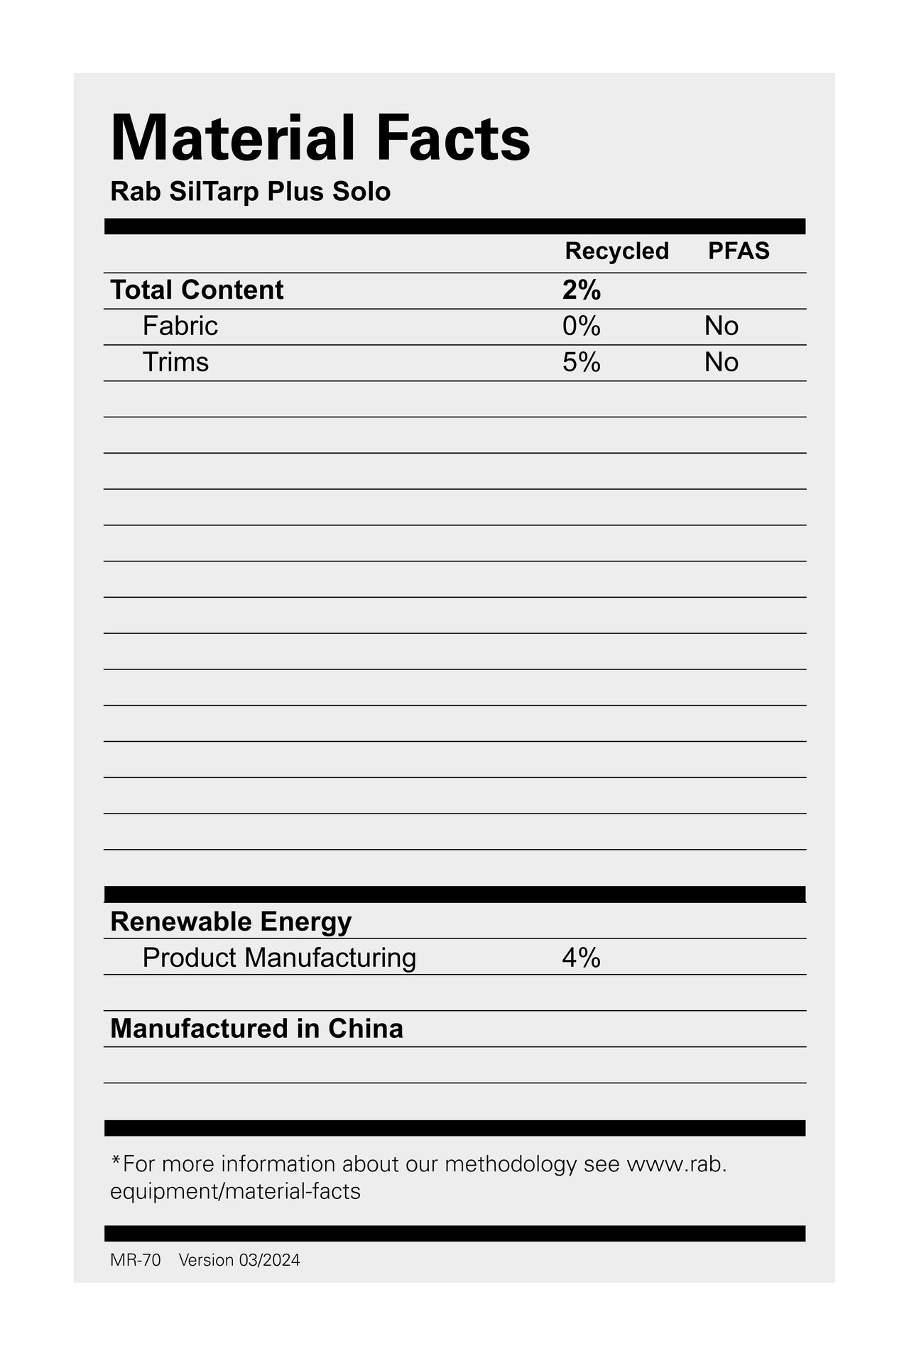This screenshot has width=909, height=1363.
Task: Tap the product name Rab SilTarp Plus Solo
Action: pos(250,192)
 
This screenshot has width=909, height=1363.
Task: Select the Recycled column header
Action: pos(616,251)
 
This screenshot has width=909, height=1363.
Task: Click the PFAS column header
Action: pos(739,251)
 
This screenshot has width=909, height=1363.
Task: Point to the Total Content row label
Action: pos(197,290)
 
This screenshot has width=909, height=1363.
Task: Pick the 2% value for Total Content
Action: pos(581,290)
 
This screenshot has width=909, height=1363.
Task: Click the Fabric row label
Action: pos(180,327)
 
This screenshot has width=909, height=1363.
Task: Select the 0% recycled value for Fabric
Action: pos(581,327)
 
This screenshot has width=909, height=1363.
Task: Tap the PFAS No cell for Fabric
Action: pos(721,327)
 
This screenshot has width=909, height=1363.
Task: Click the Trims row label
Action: pos(175,363)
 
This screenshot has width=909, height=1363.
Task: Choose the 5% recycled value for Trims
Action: pos(581,363)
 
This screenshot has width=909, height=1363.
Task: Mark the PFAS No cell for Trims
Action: pos(721,363)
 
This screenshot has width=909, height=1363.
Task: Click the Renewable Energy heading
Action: pos(231,922)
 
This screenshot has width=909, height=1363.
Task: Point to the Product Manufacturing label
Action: pos(279,958)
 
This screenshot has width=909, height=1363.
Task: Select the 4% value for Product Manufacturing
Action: pos(581,958)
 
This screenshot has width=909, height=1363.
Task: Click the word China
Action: pos(365,1029)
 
